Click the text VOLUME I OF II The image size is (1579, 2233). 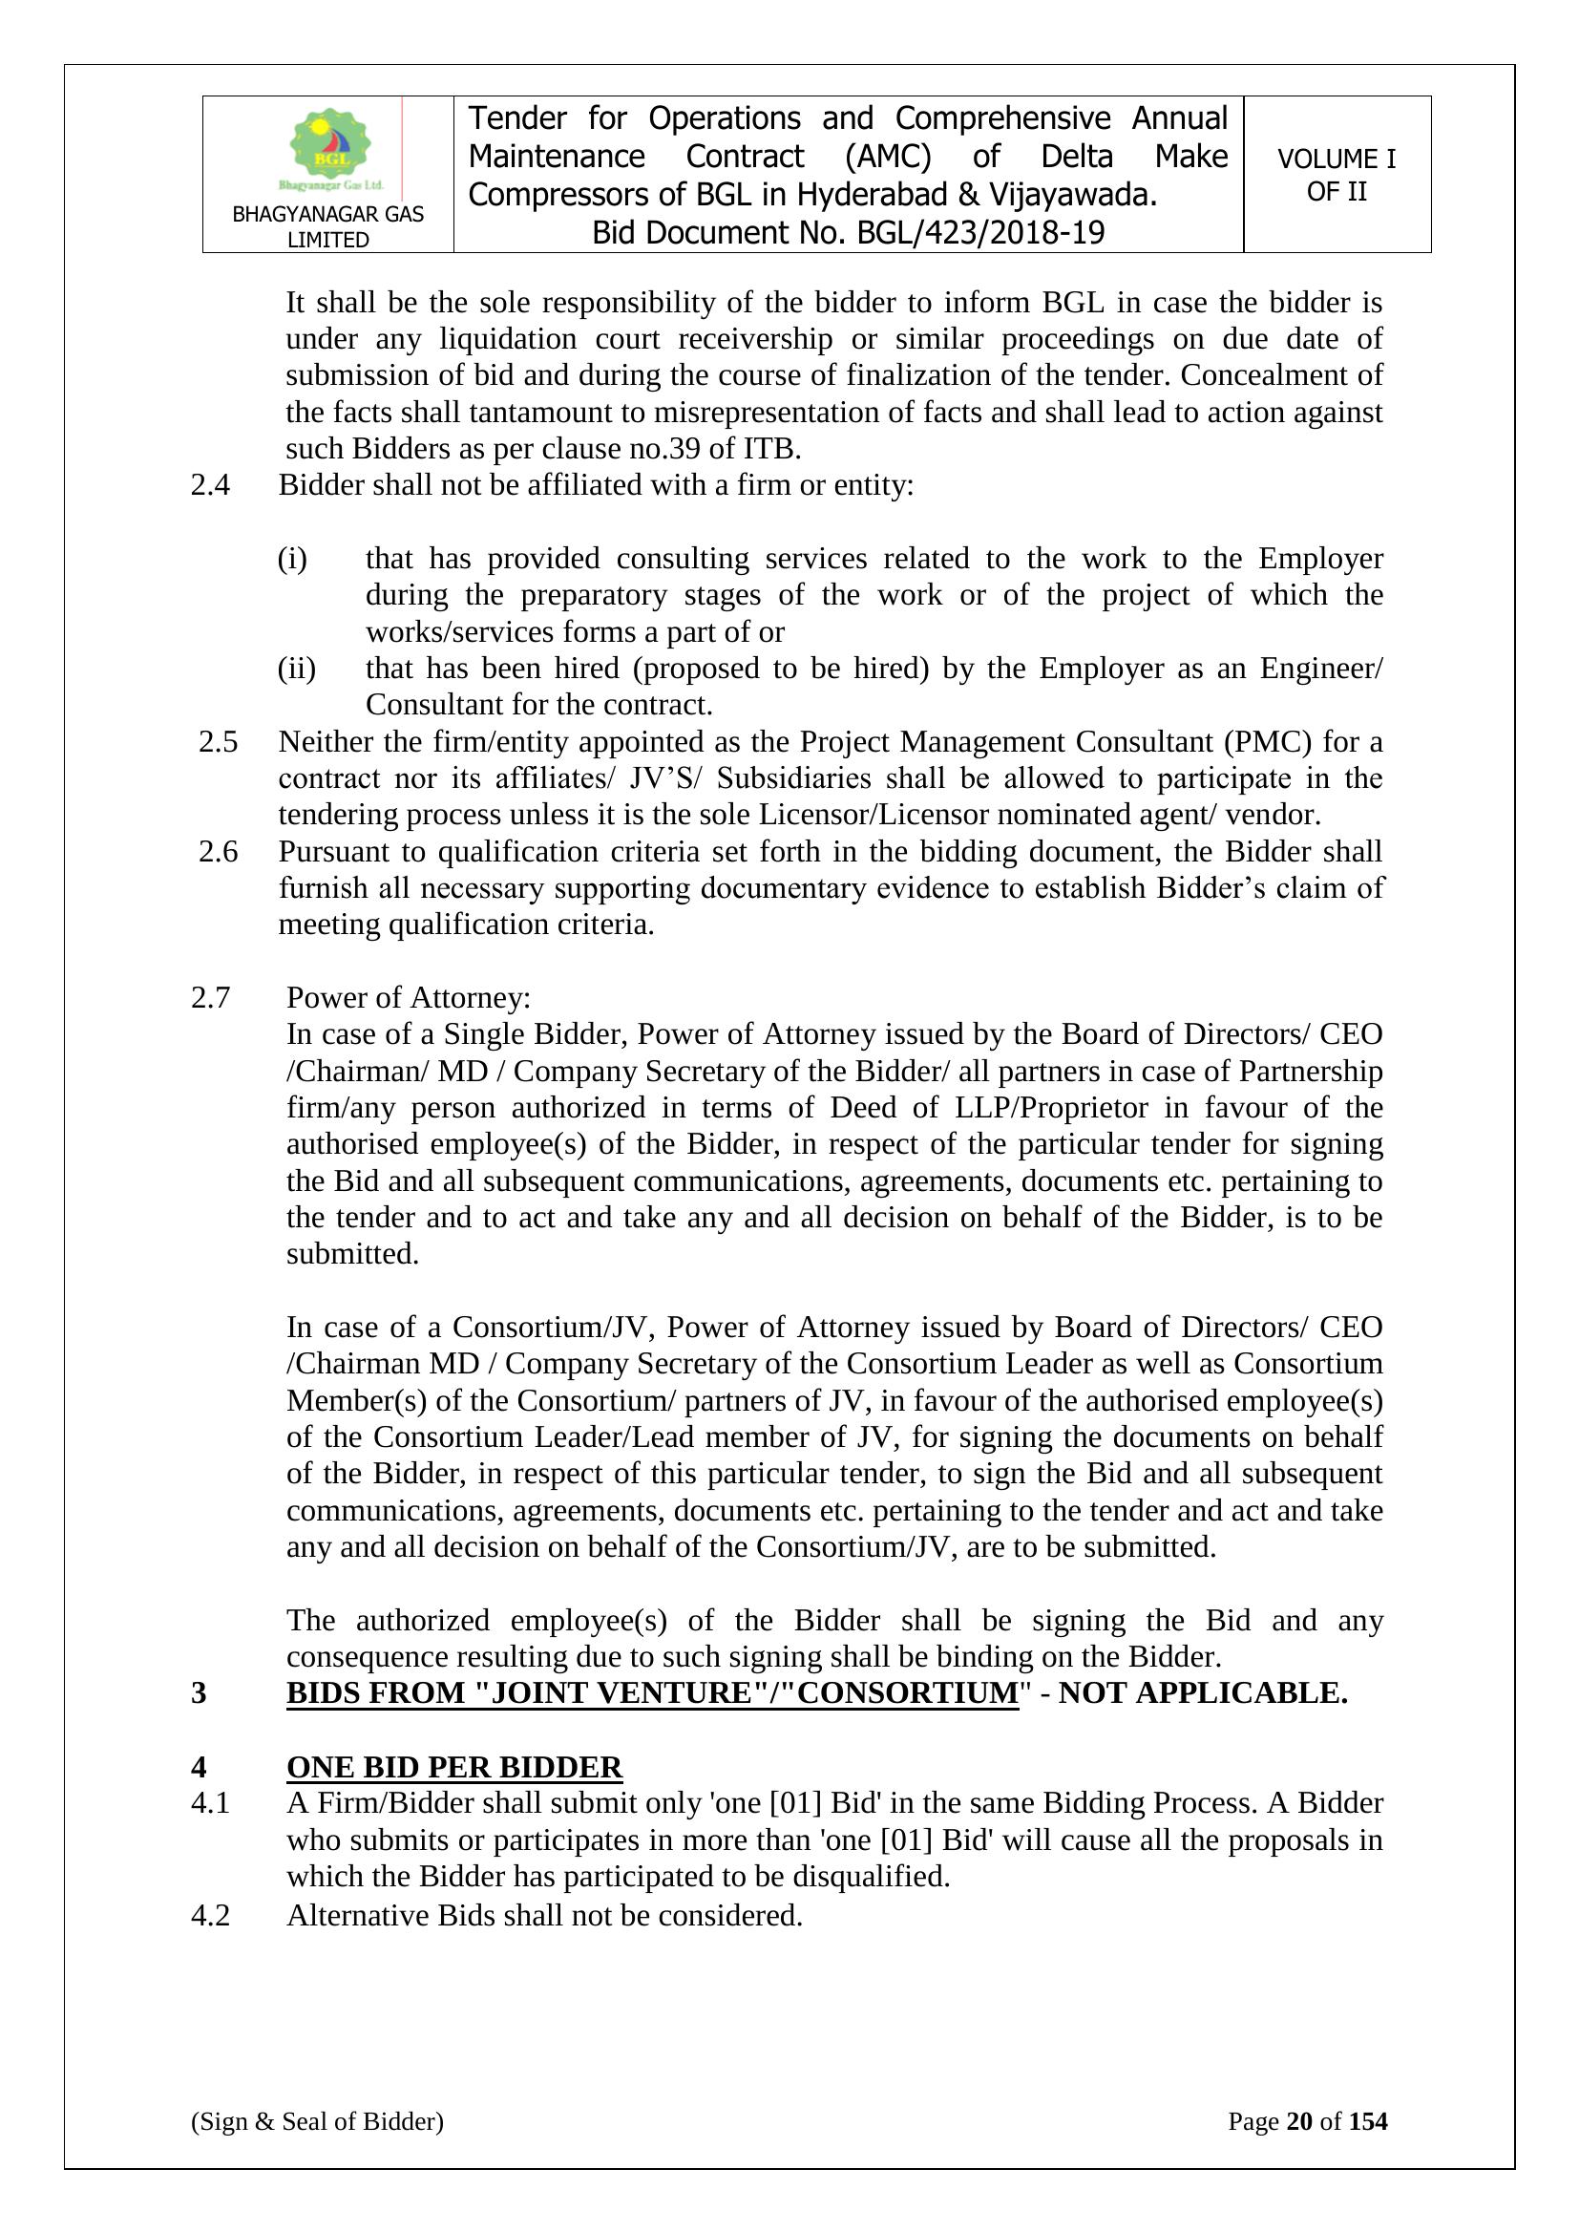click(1336, 175)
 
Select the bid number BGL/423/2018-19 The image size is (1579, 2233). click(980, 233)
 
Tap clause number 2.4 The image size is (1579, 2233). click(210, 484)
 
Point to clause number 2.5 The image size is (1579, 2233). click(218, 742)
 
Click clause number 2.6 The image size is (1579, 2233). click(218, 851)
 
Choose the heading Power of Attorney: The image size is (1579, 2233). click(409, 998)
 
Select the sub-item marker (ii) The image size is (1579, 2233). click(297, 669)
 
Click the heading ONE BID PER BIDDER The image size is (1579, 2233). click(454, 1767)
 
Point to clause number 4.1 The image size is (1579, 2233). click(210, 1803)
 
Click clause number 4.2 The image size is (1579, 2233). click(210, 1916)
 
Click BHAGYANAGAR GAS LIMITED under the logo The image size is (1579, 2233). click(327, 226)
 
